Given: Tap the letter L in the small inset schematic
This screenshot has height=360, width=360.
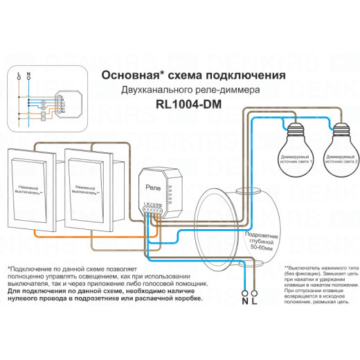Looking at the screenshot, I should [x=17, y=73].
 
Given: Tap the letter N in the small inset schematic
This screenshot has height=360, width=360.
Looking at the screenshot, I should [x=28, y=73].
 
